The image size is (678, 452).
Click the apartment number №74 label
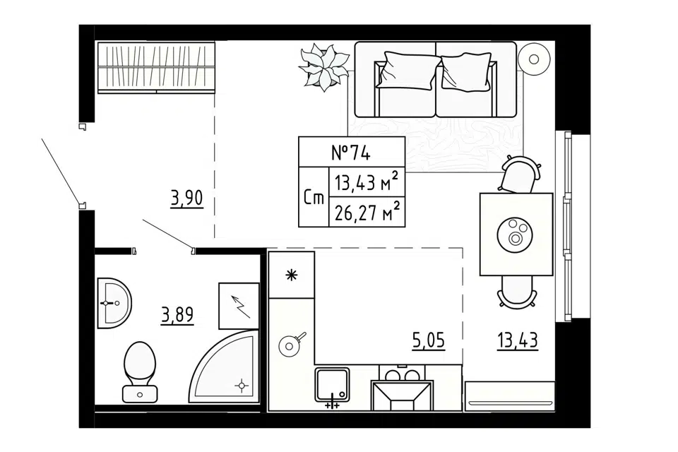click(x=351, y=153)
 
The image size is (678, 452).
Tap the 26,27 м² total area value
click(x=367, y=213)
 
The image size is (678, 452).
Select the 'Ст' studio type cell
click(x=314, y=198)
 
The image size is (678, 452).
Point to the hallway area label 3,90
click(x=186, y=199)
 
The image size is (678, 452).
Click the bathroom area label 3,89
click(x=177, y=315)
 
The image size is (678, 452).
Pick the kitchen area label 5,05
click(x=429, y=340)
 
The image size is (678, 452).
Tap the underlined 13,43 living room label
click(x=518, y=340)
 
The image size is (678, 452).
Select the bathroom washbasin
click(x=114, y=303)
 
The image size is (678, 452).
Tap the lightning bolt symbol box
click(x=239, y=306)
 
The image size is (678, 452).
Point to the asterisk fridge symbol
click(x=292, y=275)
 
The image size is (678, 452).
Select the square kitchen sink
click(x=332, y=384)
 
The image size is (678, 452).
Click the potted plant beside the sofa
click(x=324, y=66)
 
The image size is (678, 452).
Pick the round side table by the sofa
click(x=534, y=59)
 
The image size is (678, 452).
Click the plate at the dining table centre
click(x=515, y=236)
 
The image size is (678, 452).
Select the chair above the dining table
click(x=519, y=174)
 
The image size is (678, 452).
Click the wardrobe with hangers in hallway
click(x=156, y=67)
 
